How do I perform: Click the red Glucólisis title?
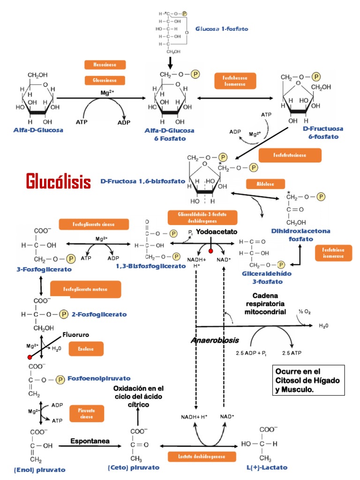pyautogui.click(x=59, y=180)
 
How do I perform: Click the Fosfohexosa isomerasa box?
pyautogui.click(x=235, y=81)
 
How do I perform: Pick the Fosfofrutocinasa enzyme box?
pyautogui.click(x=290, y=155)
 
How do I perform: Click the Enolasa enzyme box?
pyautogui.click(x=86, y=349)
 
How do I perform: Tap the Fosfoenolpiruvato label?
pyautogui.click(x=99, y=378)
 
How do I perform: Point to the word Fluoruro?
pyautogui.click(x=76, y=335)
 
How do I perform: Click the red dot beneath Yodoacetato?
pyautogui.click(x=211, y=251)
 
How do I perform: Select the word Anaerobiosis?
pyautogui.click(x=215, y=340)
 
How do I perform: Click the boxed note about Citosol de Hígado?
pyautogui.click(x=308, y=380)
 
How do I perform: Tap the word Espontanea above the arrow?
pyautogui.click(x=90, y=441)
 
